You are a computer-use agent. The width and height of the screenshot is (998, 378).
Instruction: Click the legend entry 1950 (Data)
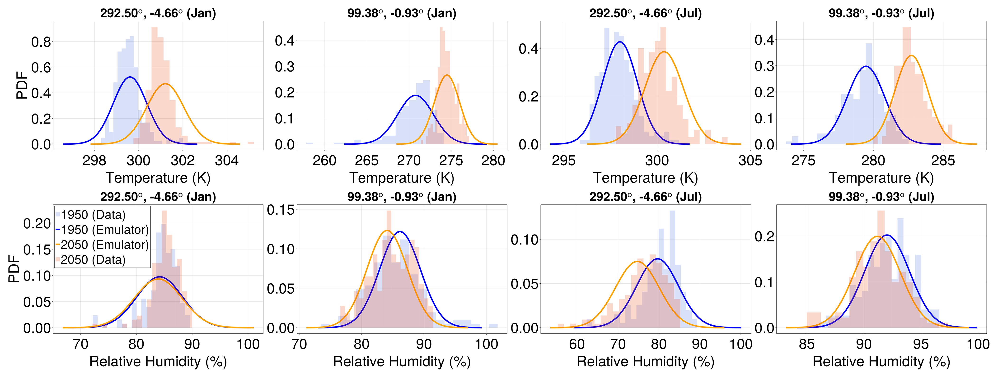coord(93,215)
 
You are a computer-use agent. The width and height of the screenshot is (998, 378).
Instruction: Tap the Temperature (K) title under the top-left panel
coord(158,178)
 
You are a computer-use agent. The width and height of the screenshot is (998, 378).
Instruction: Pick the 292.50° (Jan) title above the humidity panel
coord(158,197)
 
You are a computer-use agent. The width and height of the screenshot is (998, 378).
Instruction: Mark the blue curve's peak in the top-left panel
coord(130,77)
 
